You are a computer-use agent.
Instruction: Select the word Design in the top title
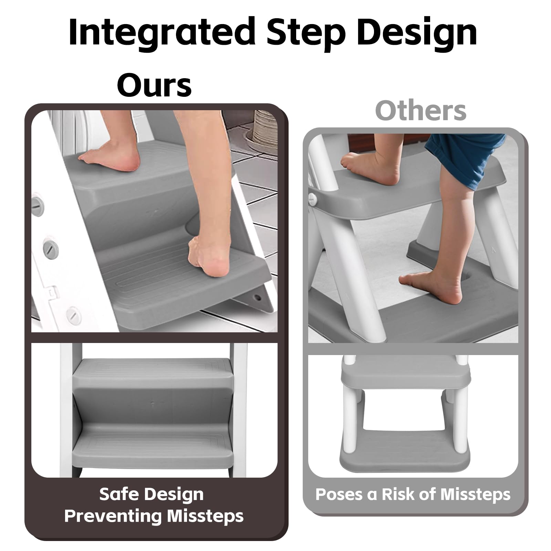point(417,33)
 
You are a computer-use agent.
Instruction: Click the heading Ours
point(154,85)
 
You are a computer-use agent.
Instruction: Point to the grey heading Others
point(421,111)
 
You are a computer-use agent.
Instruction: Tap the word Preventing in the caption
point(113,516)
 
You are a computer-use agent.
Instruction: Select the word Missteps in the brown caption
point(205,516)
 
